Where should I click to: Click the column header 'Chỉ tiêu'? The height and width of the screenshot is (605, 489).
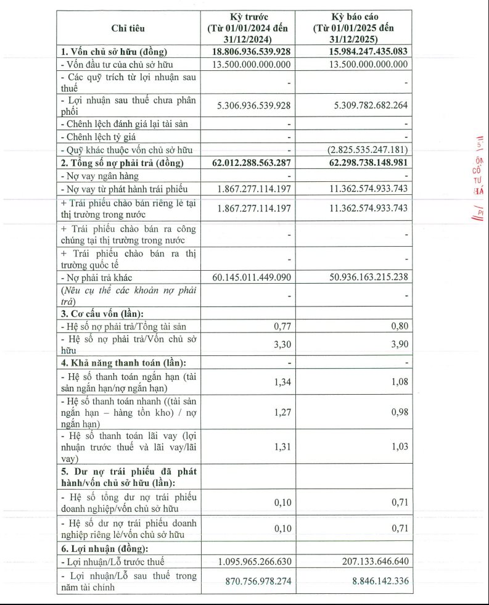click(x=129, y=28)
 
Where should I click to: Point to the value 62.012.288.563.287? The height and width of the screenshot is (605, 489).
click(x=247, y=163)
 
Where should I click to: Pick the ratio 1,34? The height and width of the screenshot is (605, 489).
click(x=282, y=382)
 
